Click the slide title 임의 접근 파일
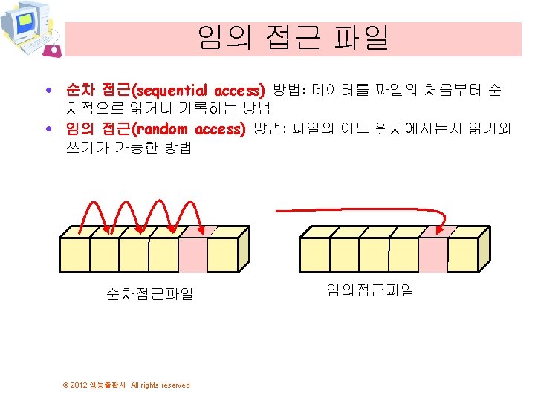(x=293, y=38)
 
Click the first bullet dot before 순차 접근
(x=48, y=91)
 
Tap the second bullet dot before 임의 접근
(x=48, y=129)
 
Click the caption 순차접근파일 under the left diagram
(x=149, y=294)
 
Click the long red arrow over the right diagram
(x=357, y=209)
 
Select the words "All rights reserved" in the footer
(x=160, y=385)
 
